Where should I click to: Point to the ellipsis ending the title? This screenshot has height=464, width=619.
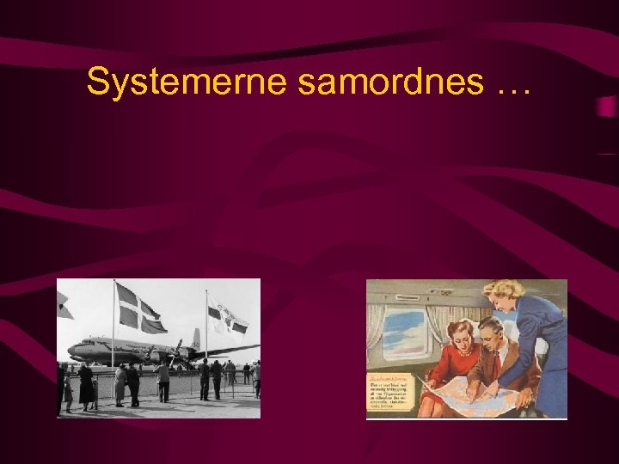click(512, 86)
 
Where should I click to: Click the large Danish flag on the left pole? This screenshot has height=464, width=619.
click(140, 309)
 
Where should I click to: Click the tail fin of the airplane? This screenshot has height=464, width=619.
click(196, 339)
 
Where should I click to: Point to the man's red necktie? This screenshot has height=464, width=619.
click(496, 357)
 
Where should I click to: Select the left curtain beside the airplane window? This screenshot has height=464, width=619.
click(375, 335)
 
